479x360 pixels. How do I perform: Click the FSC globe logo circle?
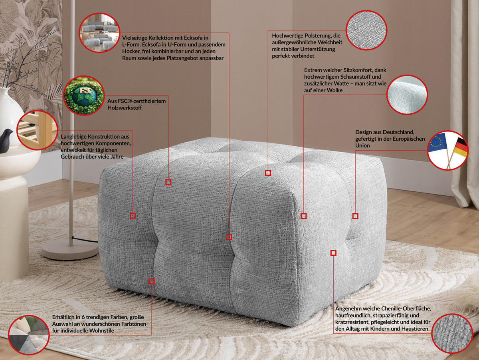(x=83, y=95)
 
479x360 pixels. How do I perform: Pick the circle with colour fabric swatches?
(x=28, y=335)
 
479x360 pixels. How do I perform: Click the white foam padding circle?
(x=407, y=95)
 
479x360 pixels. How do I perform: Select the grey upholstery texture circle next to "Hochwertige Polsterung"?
(x=366, y=30)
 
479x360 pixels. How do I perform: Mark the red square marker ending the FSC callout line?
(x=168, y=182)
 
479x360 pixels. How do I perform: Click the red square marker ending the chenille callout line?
(x=333, y=253)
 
